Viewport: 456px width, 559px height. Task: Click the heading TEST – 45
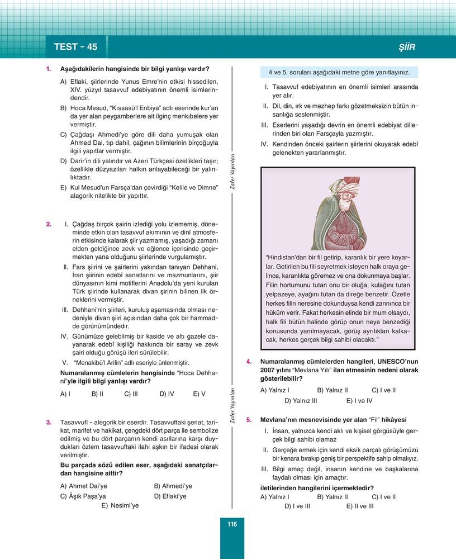75,47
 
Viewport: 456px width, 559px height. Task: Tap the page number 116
232,524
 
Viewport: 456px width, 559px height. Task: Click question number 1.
49,69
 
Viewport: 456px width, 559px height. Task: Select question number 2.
49,225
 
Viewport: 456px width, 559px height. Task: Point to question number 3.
49,422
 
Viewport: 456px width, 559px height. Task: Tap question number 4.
249,362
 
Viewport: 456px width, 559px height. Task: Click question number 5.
249,419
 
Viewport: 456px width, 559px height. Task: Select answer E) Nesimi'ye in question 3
120,505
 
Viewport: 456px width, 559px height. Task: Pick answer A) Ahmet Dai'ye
83,486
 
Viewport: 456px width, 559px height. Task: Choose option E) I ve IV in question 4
359,400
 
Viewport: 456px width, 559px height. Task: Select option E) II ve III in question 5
359,506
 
